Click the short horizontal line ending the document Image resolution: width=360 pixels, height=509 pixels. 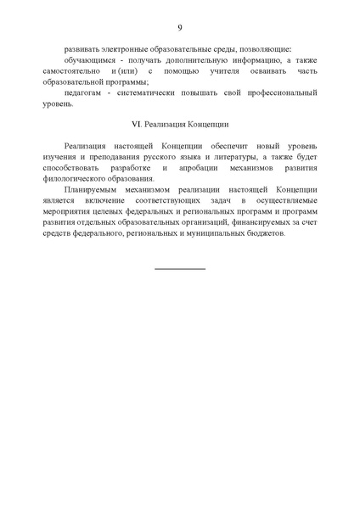coord(180,268)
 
